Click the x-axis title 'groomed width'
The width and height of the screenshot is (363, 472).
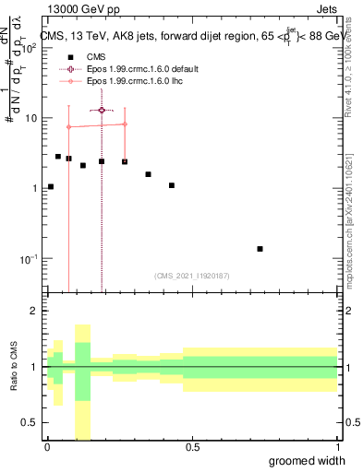(308, 459)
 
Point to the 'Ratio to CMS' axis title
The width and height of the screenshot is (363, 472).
(13, 367)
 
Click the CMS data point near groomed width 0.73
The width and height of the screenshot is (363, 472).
(260, 249)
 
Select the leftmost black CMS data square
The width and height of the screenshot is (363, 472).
(50, 187)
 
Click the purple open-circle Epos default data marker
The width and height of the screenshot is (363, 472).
(102, 110)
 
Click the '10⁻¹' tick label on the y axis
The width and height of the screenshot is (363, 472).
(30, 259)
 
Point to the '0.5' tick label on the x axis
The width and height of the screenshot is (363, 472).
(191, 447)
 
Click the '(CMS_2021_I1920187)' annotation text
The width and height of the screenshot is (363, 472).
(191, 275)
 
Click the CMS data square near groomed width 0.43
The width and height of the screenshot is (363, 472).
(172, 185)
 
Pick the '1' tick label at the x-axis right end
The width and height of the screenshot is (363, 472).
(336, 447)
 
